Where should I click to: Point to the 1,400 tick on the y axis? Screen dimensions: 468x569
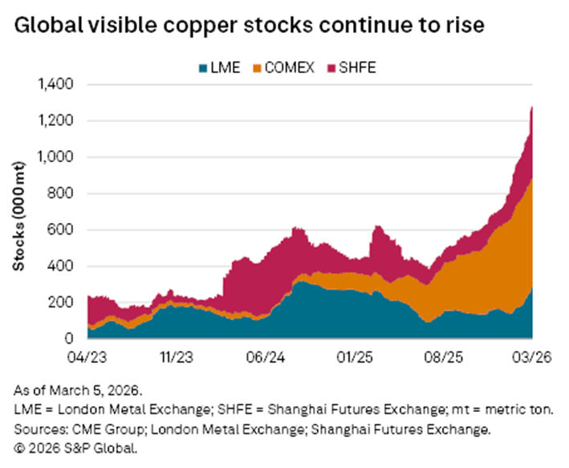pyautogui.click(x=55, y=84)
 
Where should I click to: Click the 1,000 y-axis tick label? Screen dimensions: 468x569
pyautogui.click(x=55, y=157)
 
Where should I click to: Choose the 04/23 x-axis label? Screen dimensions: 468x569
pyautogui.click(x=87, y=354)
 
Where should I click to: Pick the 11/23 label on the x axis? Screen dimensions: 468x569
pyautogui.click(x=177, y=354)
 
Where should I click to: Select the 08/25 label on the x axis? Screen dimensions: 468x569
pyautogui.click(x=445, y=354)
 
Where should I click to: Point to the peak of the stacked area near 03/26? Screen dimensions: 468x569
pyautogui.click(x=532, y=108)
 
